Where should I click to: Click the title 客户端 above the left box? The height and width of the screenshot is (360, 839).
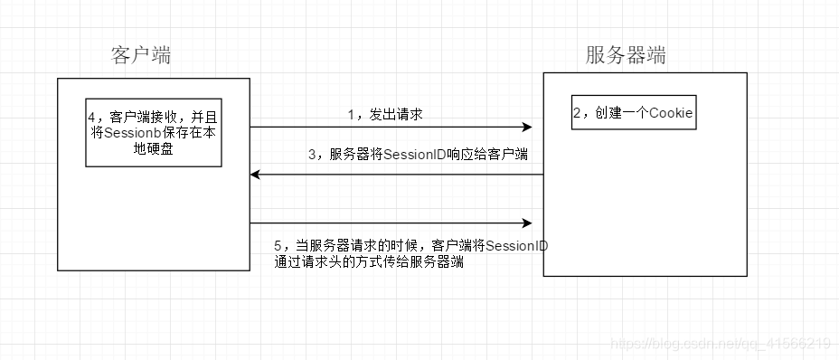point(141,55)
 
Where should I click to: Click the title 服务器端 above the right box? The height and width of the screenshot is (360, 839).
point(627,55)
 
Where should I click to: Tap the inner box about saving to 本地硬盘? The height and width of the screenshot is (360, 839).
point(153,132)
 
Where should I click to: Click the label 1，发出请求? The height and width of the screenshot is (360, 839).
point(386,115)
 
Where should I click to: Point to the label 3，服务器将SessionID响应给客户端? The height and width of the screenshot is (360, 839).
point(417,155)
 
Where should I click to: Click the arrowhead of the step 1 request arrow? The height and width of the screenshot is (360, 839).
point(526,128)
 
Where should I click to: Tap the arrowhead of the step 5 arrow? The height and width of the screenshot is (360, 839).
point(526,223)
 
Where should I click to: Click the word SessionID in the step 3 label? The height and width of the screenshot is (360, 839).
point(414,155)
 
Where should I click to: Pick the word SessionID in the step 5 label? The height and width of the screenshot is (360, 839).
point(516,246)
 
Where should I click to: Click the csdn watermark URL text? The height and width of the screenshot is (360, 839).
point(721,344)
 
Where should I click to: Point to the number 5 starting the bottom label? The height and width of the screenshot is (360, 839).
point(278,246)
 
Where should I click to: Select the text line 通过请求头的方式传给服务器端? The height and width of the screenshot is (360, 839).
point(370,263)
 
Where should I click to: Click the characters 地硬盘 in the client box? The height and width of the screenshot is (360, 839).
point(153,149)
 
